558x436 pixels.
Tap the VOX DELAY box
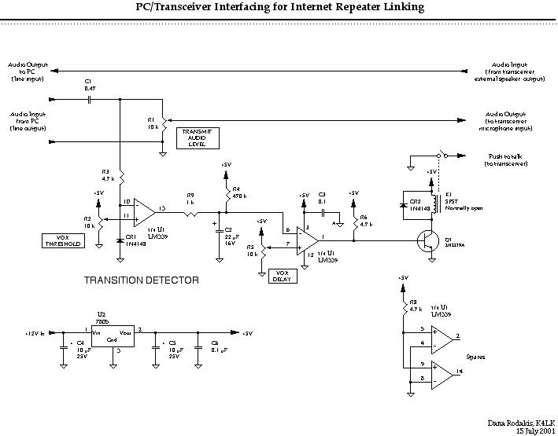pos(280,275)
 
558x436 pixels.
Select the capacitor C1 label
pos(89,85)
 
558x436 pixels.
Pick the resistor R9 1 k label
pos(190,200)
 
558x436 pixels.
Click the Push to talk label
pos(506,159)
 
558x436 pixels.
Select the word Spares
pos(475,357)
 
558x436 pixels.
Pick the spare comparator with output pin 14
pos(439,372)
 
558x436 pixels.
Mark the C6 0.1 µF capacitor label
pos(212,346)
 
